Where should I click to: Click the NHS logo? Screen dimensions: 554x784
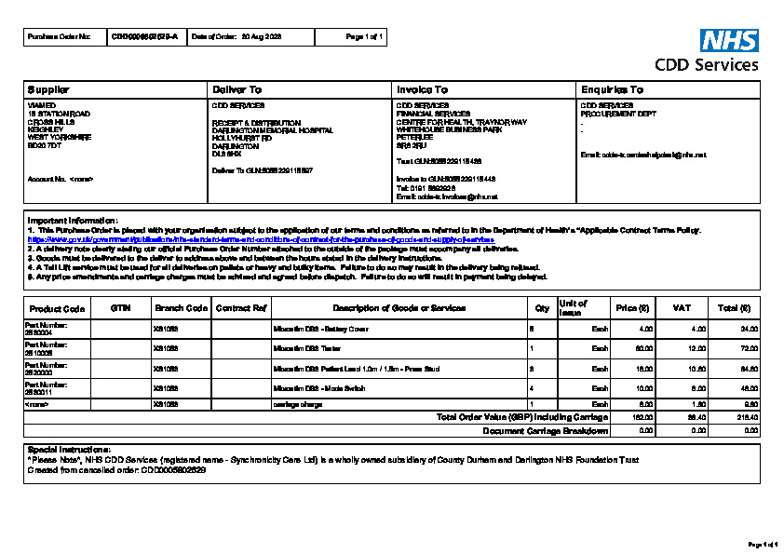click(x=729, y=40)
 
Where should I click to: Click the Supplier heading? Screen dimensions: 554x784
click(x=48, y=89)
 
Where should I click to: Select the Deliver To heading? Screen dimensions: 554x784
click(x=237, y=89)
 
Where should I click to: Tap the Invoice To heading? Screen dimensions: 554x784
click(x=422, y=89)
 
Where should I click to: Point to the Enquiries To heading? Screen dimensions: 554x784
click(x=611, y=89)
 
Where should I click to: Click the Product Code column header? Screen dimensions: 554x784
click(x=57, y=308)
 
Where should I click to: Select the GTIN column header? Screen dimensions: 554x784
click(x=120, y=307)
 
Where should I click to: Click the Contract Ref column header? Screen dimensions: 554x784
click(x=241, y=307)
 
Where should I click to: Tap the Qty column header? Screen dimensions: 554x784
click(x=542, y=307)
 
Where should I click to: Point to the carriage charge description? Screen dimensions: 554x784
click(x=297, y=404)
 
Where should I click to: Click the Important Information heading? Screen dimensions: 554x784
click(x=73, y=220)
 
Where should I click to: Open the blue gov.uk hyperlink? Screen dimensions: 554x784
click(x=261, y=239)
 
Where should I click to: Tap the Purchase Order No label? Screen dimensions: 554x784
click(x=60, y=37)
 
